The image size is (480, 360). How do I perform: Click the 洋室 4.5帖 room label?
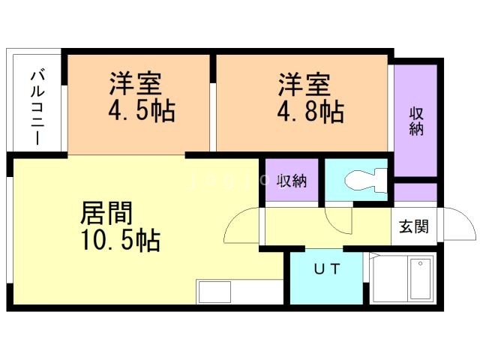(x=142, y=97)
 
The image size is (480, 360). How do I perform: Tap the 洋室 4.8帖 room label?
(x=310, y=97)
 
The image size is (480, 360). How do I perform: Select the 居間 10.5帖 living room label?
(x=120, y=226)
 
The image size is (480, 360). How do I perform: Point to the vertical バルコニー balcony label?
(x=37, y=107)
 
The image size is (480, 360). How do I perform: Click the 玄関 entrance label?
(x=413, y=226)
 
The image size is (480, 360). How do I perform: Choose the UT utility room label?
(x=327, y=268)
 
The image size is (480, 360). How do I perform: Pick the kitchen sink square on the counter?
(x=214, y=292)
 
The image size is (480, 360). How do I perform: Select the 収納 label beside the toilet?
(x=292, y=181)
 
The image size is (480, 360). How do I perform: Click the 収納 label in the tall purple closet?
(x=416, y=121)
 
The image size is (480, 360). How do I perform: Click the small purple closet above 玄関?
(x=415, y=192)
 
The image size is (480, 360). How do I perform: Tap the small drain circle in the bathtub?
(x=421, y=263)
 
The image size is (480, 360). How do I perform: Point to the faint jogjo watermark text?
(x=228, y=181)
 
